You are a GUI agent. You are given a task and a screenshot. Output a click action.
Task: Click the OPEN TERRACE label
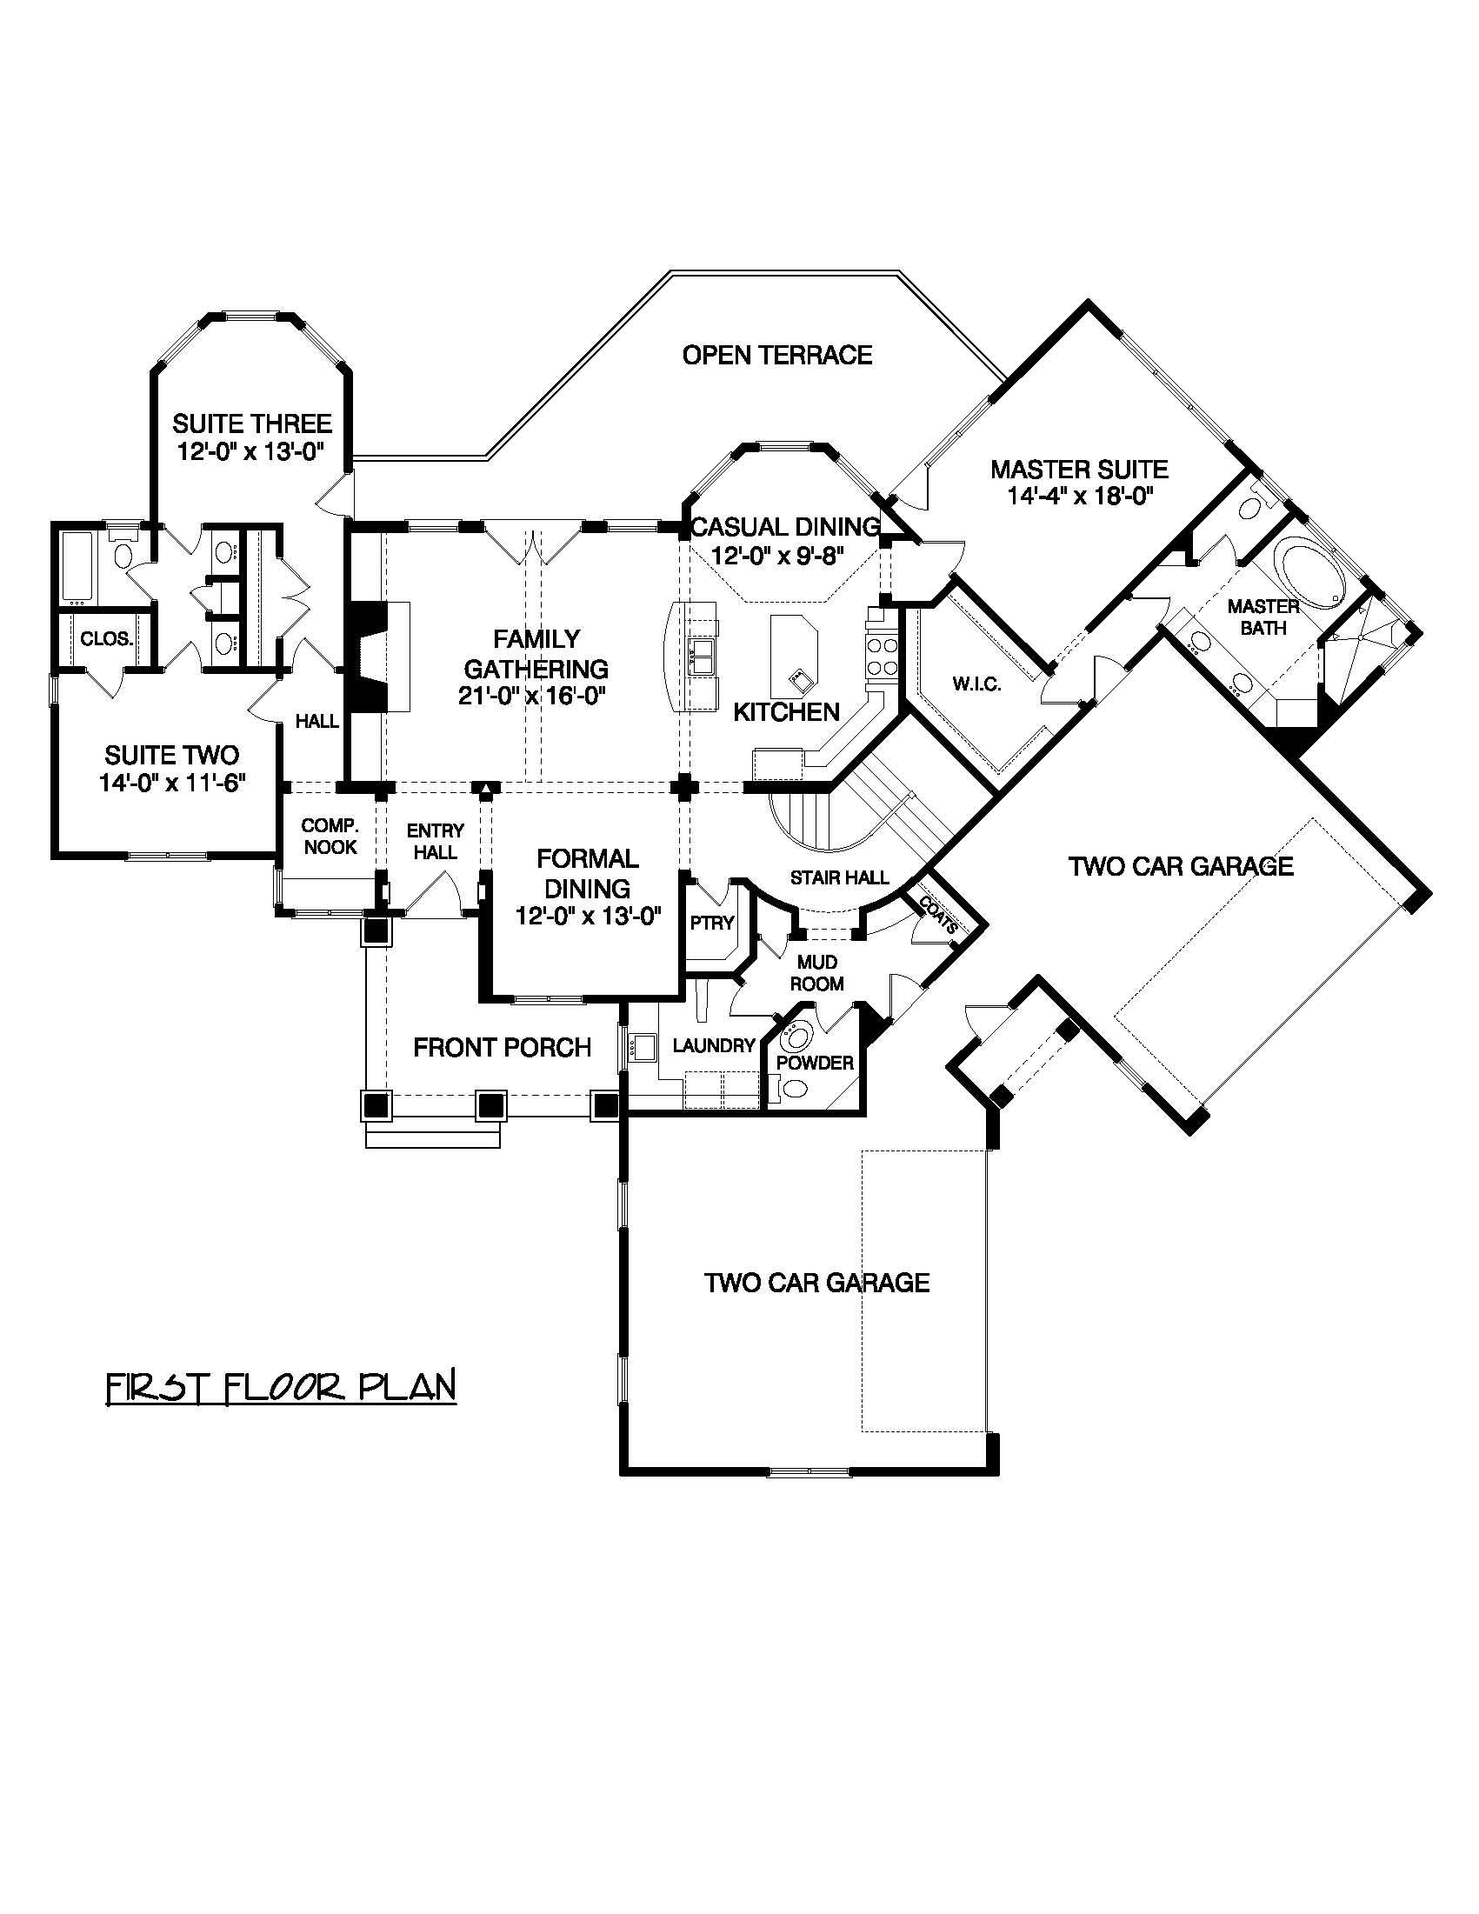[776, 355]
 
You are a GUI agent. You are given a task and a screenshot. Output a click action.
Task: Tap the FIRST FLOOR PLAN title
[280, 1388]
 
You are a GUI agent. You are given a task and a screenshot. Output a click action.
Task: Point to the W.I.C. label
[976, 684]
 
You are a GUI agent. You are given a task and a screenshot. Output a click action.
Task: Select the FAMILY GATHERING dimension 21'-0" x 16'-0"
[533, 696]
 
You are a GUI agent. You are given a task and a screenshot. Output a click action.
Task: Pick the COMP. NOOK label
[330, 836]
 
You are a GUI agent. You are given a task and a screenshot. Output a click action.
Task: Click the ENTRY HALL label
[435, 840]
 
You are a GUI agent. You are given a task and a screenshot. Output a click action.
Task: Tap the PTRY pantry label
[711, 923]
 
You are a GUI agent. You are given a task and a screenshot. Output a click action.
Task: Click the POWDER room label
[815, 1063]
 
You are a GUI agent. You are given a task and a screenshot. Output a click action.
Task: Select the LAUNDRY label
[713, 1044]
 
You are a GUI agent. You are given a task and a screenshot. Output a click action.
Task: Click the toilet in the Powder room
[796, 1090]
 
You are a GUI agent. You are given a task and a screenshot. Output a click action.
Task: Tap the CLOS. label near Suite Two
[106, 639]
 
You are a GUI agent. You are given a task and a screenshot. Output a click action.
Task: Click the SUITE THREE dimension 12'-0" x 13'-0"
[251, 452]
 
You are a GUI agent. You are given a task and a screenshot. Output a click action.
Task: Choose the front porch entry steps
[433, 1137]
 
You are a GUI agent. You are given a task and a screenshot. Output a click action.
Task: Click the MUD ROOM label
[816, 973]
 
